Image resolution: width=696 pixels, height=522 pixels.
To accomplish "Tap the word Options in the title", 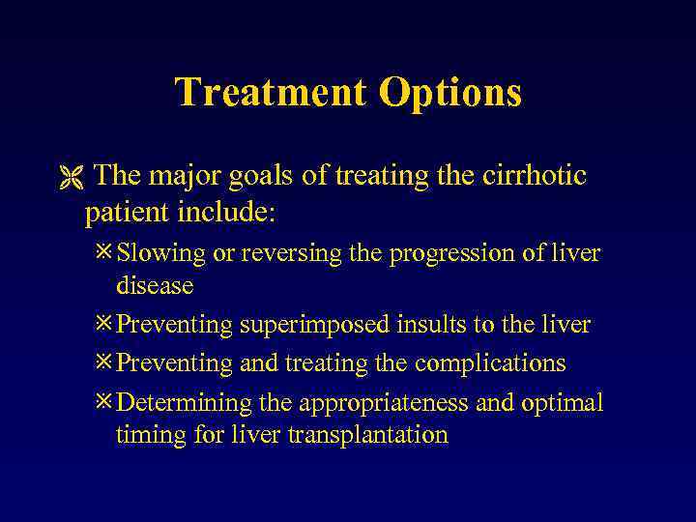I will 450,93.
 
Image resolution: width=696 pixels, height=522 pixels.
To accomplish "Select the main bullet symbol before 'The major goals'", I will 68,177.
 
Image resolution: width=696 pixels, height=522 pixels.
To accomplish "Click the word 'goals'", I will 268,176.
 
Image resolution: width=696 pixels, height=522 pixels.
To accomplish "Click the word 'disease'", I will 155,286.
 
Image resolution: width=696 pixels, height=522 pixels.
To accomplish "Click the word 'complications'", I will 490,364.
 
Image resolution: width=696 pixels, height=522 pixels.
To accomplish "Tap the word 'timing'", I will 146,436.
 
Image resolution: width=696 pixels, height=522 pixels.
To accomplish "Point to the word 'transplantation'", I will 368,436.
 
